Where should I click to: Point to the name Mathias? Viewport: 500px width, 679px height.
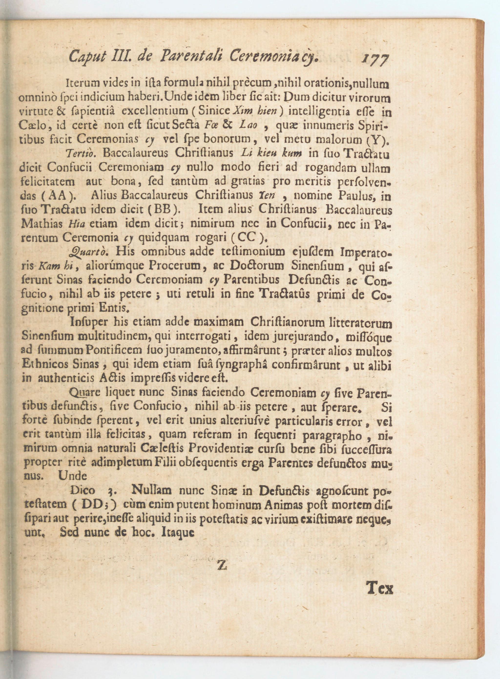tap(42, 224)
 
